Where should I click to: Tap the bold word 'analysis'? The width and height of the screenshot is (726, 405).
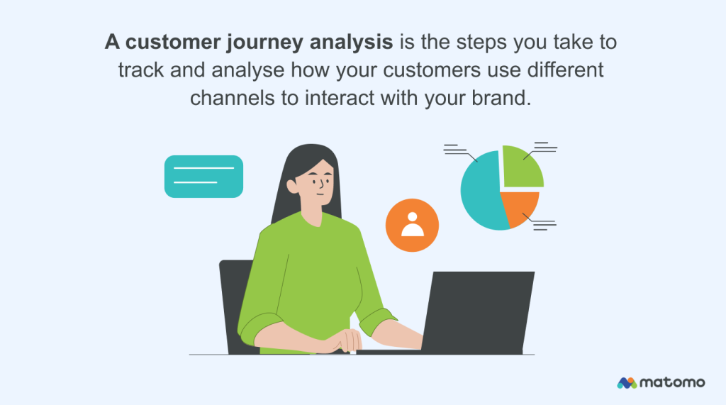click(x=350, y=43)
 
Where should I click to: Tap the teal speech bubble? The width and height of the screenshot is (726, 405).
click(x=203, y=176)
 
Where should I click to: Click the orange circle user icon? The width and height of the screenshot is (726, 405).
click(x=412, y=225)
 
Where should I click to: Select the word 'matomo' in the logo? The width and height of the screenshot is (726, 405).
click(x=672, y=383)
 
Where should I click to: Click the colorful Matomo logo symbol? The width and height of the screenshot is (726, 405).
click(x=627, y=383)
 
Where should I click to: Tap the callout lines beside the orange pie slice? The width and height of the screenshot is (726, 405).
click(x=544, y=225)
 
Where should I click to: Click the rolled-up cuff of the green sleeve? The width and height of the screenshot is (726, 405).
click(x=377, y=319)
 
